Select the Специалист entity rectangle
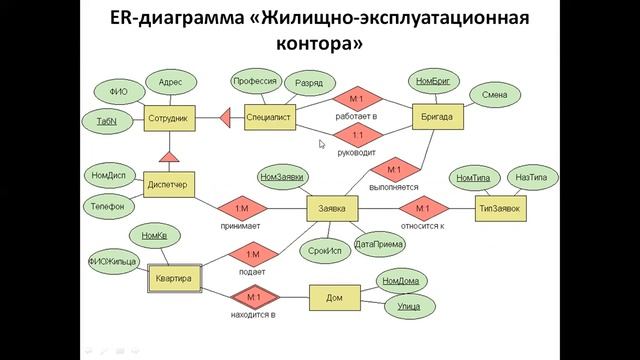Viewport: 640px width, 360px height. click(268, 118)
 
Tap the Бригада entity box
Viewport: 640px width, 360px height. click(437, 118)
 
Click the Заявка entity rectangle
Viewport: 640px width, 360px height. click(331, 209)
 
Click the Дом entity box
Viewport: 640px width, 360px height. click(334, 298)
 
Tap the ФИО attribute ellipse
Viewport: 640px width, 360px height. click(117, 92)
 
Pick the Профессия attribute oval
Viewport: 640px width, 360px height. click(254, 81)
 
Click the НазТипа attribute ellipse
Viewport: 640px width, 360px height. click(530, 177)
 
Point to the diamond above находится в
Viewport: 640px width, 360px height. click(252, 298)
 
